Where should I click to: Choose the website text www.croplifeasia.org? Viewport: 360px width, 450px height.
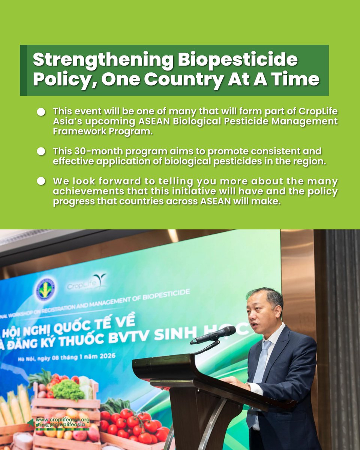pos(61,420)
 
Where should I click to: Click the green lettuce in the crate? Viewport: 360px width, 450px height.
pos(67,390)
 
